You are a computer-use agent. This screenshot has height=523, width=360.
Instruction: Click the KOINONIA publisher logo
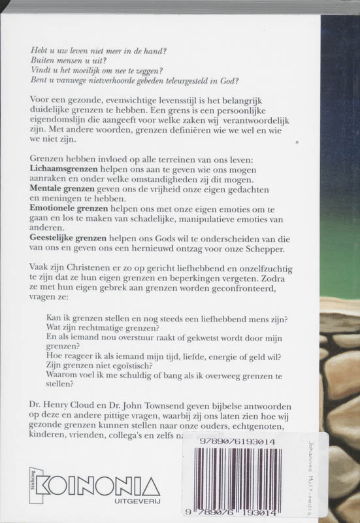[99, 486]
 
